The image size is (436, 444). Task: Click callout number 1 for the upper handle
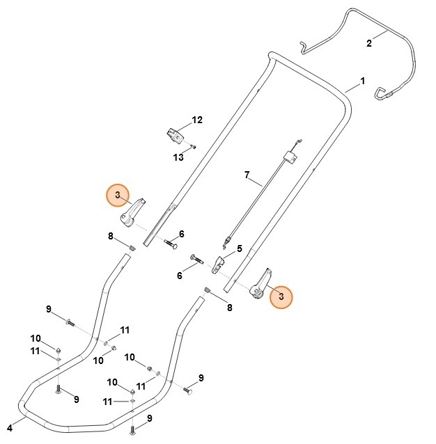point(362,81)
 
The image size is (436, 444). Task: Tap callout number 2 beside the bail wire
point(369,43)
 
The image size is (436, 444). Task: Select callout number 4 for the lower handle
point(10,427)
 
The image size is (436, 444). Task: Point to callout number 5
point(239,248)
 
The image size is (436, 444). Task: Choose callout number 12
point(197,120)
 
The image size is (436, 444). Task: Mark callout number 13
point(178,157)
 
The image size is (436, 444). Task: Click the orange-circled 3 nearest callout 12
point(118,194)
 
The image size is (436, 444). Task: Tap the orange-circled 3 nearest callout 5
point(281,297)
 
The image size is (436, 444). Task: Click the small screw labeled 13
point(194,147)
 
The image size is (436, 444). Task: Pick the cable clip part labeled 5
point(219,264)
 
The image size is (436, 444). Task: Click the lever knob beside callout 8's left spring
point(133,212)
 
